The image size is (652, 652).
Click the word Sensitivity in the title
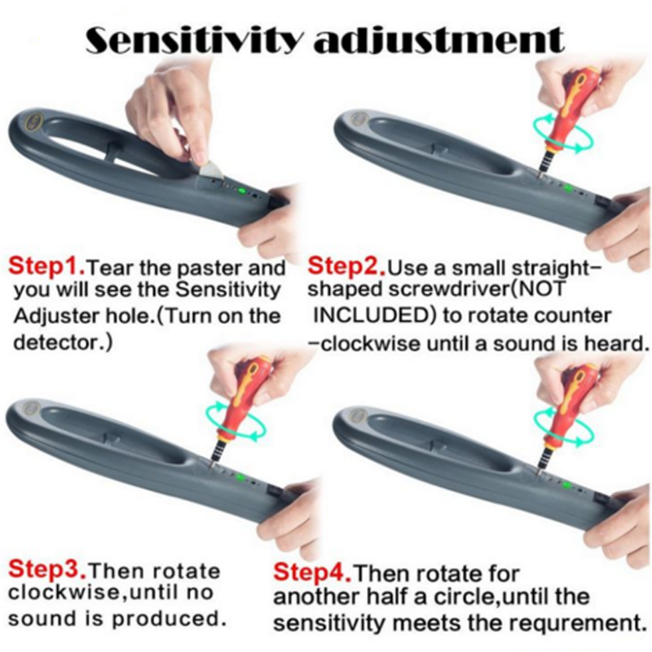(193, 40)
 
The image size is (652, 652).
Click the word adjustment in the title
(439, 40)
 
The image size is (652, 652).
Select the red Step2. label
(346, 267)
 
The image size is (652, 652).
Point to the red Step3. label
(47, 569)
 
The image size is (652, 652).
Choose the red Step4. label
(312, 572)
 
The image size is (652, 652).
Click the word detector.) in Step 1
(63, 342)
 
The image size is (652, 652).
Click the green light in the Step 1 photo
(240, 192)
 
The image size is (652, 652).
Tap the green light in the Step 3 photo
(240, 477)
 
